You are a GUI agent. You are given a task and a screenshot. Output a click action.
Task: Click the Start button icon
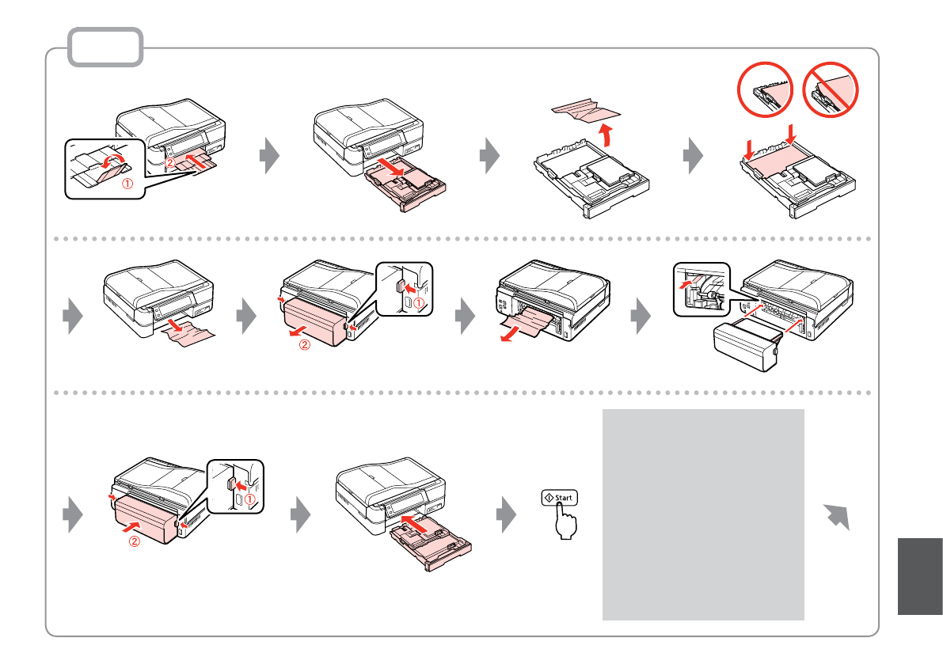560,499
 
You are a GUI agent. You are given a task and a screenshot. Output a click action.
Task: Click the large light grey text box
703,514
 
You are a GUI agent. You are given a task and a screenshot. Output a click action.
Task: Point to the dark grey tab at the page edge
921,575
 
